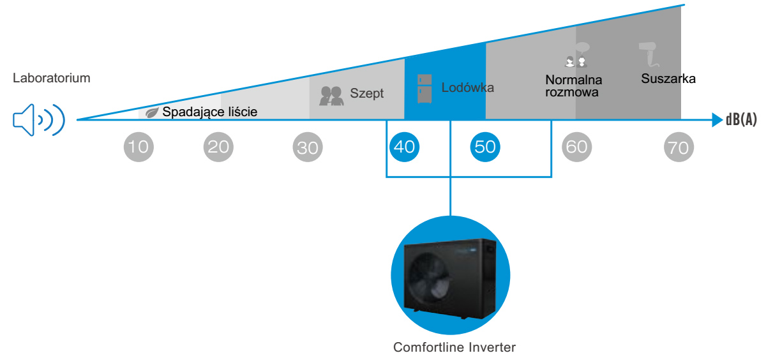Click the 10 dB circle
point(138,147)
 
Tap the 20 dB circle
point(218,147)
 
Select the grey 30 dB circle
point(308,147)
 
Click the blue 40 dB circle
point(404,147)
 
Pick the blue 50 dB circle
point(485,147)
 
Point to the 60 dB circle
point(576,147)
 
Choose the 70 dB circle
point(678,147)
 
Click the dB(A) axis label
point(741,119)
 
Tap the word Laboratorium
point(51,79)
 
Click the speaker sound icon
point(39,119)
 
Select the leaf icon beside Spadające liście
point(153,112)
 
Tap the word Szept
point(367,93)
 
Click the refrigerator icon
point(424,88)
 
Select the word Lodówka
point(467,87)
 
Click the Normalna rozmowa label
point(574,86)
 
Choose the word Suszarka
point(668,79)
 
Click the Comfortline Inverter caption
point(454,348)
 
